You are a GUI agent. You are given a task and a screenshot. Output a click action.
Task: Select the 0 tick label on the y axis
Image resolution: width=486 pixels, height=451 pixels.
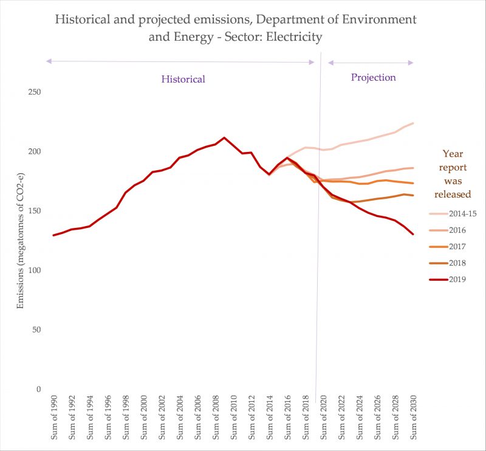(37, 390)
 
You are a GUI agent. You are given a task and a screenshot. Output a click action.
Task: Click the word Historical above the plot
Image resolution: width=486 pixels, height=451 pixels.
(183, 79)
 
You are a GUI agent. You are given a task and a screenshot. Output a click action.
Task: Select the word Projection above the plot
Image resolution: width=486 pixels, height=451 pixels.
(373, 77)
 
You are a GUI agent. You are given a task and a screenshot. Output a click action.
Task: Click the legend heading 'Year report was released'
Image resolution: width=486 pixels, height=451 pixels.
(456, 173)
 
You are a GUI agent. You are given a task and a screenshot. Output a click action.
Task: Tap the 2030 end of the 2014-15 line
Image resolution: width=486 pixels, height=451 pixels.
(413, 123)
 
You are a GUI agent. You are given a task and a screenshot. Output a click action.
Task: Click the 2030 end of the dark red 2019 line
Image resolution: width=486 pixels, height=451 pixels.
(413, 234)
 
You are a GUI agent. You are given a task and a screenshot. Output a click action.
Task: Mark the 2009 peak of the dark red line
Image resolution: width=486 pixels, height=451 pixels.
(224, 137)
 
